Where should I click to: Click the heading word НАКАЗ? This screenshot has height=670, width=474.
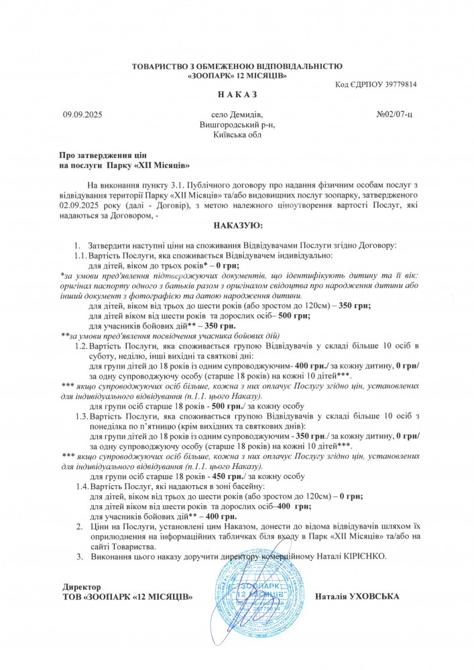tap(237, 94)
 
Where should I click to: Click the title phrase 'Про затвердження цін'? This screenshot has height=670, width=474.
tap(102, 155)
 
